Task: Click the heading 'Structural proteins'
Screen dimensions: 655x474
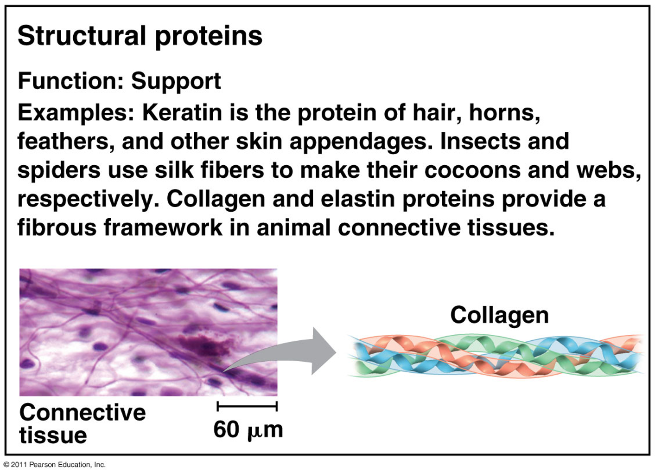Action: click(140, 37)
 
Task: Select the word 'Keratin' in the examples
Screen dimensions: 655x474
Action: click(182, 113)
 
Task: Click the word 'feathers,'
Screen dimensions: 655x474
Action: click(66, 142)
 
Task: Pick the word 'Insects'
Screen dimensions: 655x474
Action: click(480, 141)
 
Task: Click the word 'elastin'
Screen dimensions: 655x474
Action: click(357, 199)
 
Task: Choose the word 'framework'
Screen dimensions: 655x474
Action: click(163, 227)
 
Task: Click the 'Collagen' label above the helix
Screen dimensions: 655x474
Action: click(499, 316)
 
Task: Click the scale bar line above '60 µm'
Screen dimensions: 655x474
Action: click(247, 406)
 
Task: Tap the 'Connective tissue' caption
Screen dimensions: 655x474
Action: click(83, 424)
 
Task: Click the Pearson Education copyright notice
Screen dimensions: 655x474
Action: click(54, 465)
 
